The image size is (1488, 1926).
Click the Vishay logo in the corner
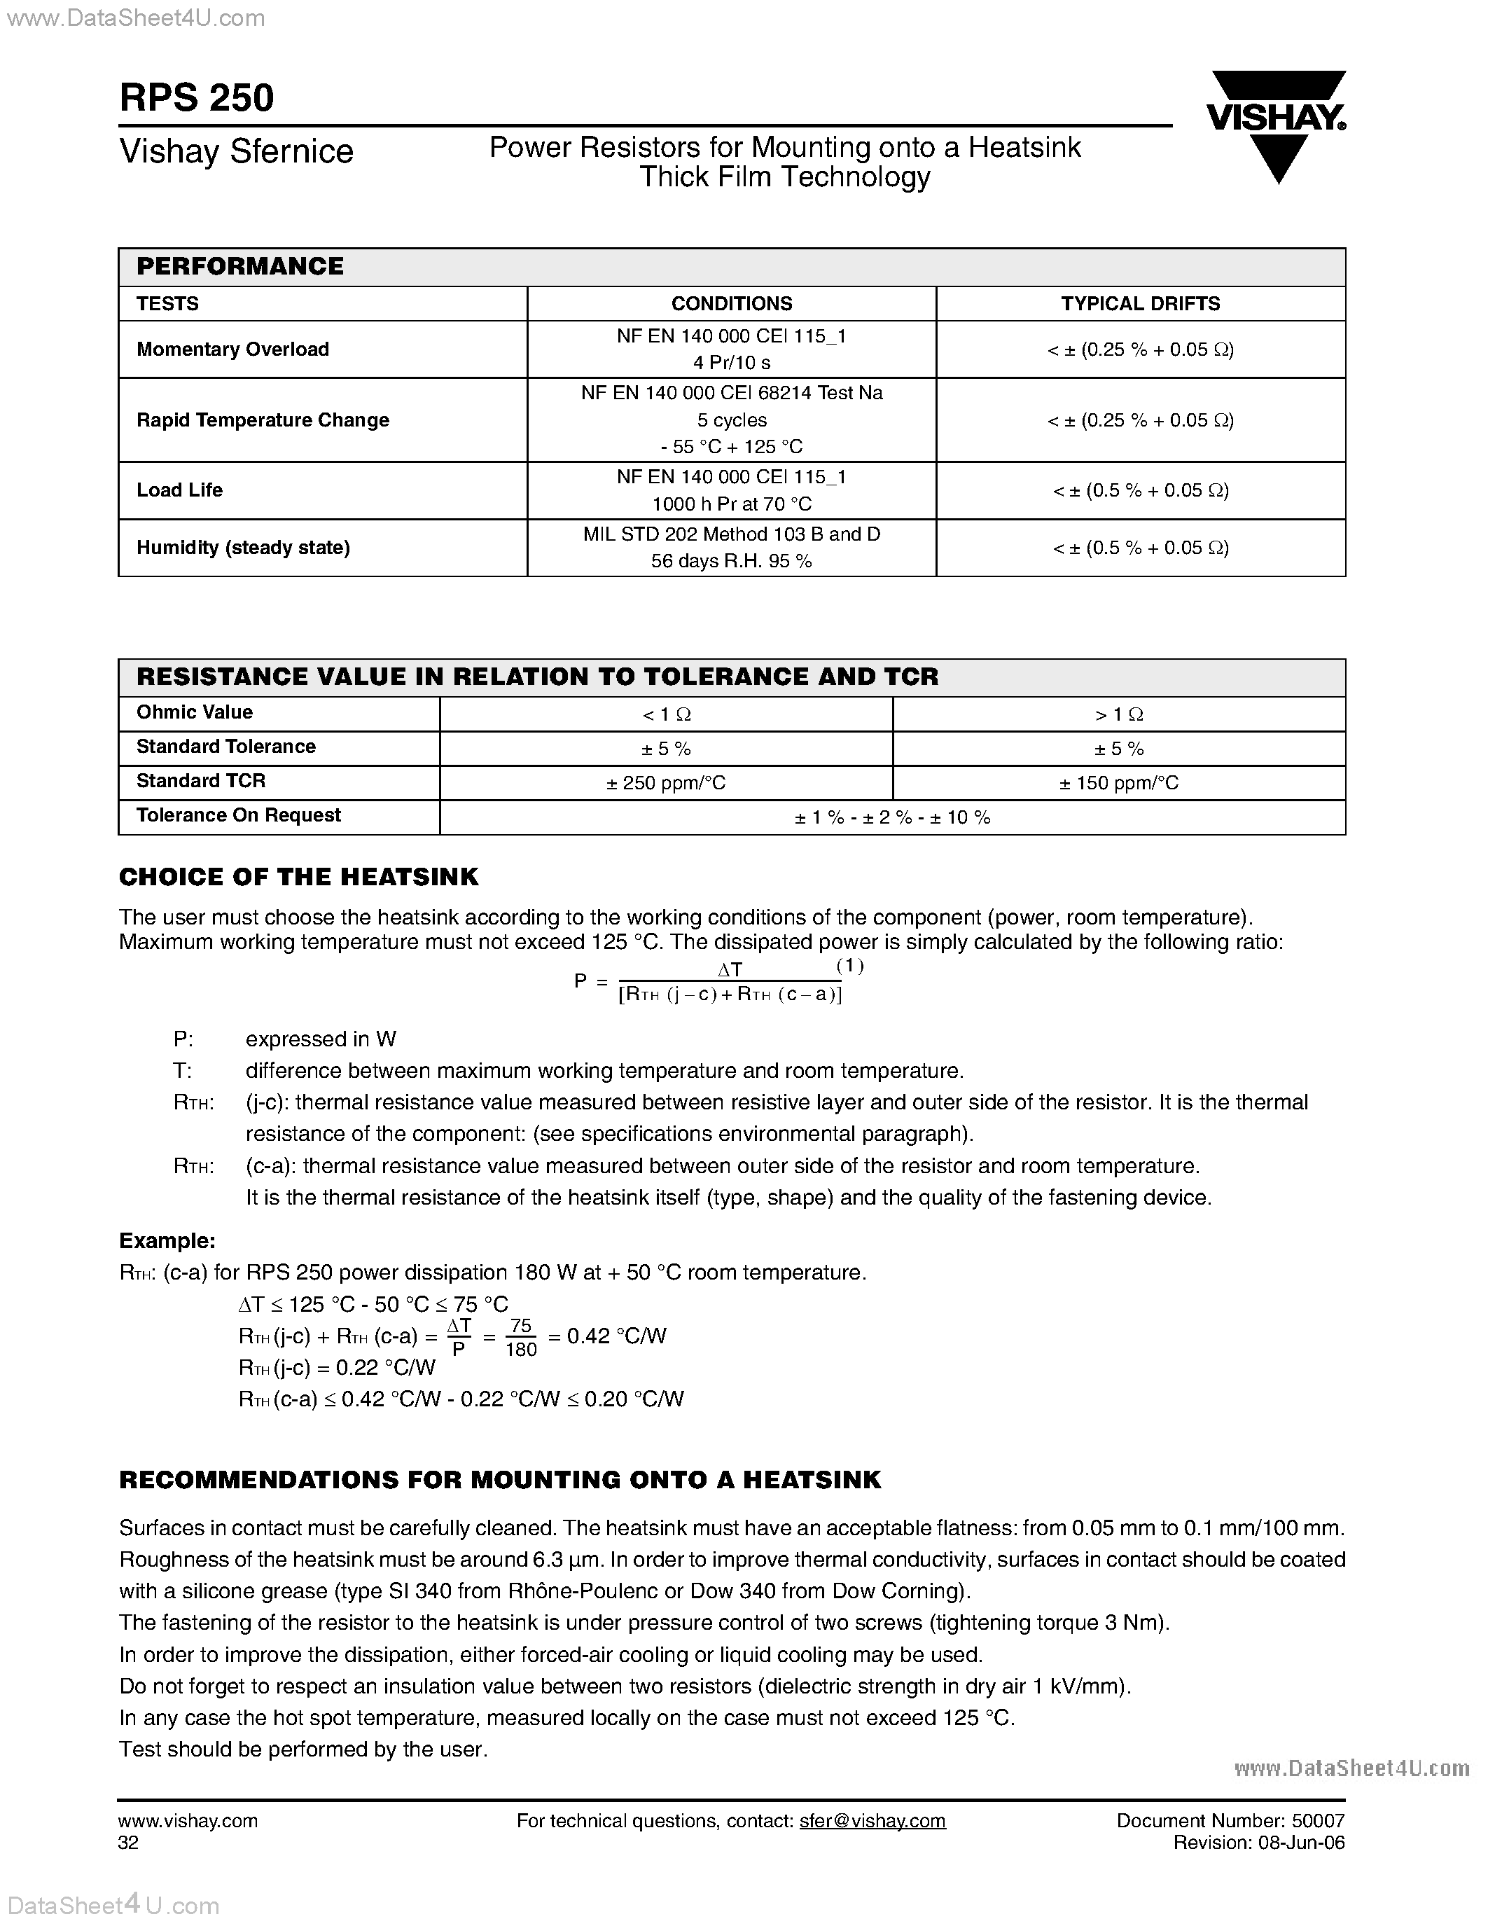(x=1276, y=125)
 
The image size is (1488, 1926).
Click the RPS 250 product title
(x=197, y=98)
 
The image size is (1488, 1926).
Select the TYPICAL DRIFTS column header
(x=1140, y=303)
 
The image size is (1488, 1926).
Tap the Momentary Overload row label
(x=232, y=349)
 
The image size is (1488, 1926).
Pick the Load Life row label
(x=180, y=490)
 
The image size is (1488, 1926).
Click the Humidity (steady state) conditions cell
(x=731, y=548)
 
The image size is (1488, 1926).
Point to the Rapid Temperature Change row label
(x=263, y=420)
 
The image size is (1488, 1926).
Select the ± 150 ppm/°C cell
(x=1119, y=783)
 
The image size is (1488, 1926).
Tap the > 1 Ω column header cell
(x=1119, y=714)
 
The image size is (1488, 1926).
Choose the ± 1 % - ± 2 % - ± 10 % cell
(x=892, y=817)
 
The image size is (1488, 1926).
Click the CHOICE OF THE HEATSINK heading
(x=299, y=877)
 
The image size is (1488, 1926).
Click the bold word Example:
(x=167, y=1241)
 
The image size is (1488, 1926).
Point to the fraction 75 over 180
(x=521, y=1338)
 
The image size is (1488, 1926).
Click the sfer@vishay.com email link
(x=872, y=1821)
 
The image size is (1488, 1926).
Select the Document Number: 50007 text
(x=1230, y=1821)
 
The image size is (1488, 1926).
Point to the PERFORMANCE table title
(x=239, y=266)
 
